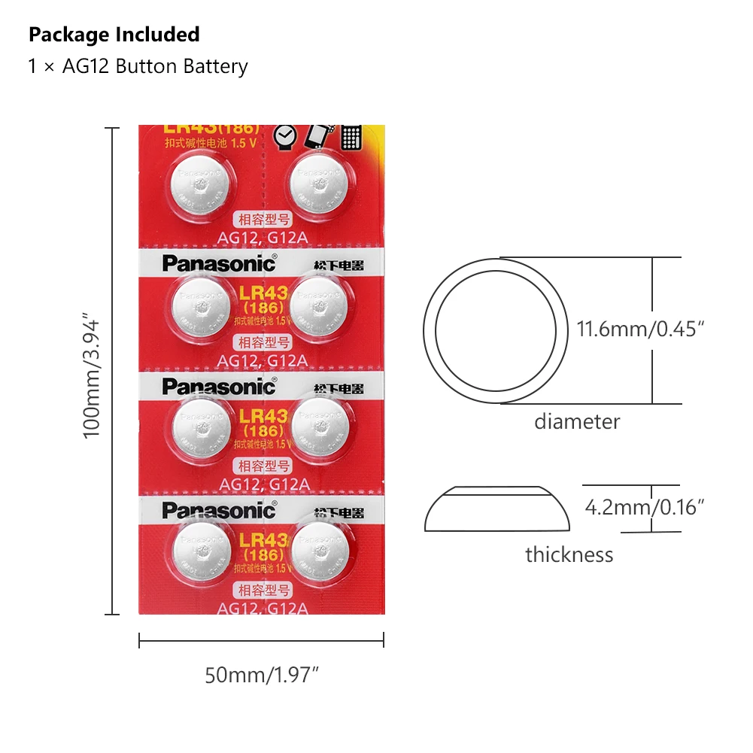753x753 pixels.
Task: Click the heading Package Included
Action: (114, 35)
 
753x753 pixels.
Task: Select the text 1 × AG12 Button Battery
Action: (138, 66)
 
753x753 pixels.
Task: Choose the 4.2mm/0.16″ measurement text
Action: (645, 507)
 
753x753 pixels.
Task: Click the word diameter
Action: (577, 421)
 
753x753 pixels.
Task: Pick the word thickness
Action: (569, 555)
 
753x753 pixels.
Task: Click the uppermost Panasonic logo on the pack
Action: (219, 263)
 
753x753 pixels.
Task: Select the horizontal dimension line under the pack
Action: (262, 642)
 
